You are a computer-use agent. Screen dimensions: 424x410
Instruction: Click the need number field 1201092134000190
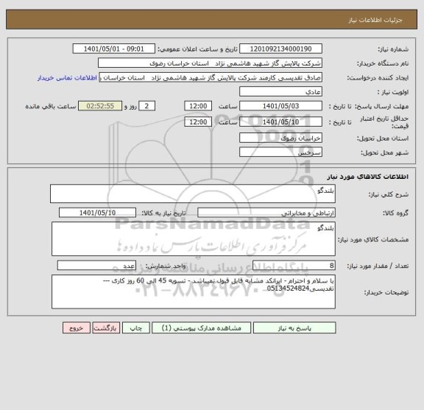pos(282,49)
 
